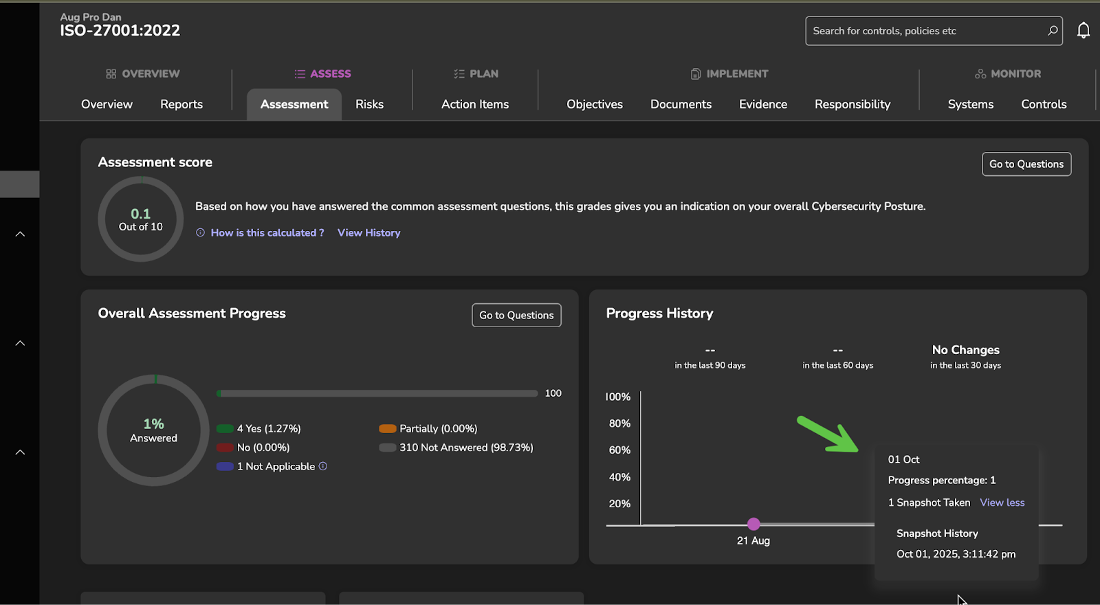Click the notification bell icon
[1083, 31]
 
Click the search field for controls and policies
[928, 31]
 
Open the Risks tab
[369, 104]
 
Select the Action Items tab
[475, 104]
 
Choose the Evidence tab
[763, 104]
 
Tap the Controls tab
[1044, 104]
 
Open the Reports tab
[181, 104]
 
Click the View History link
[368, 233]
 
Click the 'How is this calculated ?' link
[267, 233]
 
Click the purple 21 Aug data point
[753, 524]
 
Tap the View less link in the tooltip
[1002, 503]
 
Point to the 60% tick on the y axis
[619, 450]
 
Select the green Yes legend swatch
[225, 429]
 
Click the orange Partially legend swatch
[388, 429]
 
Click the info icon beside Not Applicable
[323, 466]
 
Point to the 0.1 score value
[141, 214]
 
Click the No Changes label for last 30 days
[965, 350]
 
